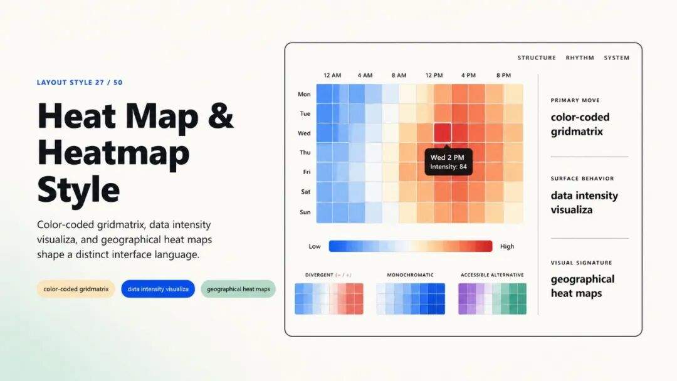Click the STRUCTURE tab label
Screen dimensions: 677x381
click(537, 58)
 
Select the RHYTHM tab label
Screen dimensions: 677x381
click(580, 58)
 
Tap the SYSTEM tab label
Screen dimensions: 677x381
click(617, 58)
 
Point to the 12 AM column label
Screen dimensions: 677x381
click(332, 75)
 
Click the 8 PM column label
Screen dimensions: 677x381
click(503, 75)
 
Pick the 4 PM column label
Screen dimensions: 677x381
click(468, 75)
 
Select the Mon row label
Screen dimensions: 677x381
click(304, 94)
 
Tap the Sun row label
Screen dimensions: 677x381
click(305, 212)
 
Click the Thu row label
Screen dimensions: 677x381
click(305, 152)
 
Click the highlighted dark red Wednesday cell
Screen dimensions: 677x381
click(442, 132)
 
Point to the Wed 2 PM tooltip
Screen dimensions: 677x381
click(449, 162)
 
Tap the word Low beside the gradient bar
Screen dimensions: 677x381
click(314, 246)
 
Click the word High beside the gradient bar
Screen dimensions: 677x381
click(507, 246)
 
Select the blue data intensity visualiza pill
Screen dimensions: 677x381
click(158, 289)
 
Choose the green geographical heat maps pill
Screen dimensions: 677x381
click(238, 289)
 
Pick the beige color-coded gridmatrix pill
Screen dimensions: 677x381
click(76, 289)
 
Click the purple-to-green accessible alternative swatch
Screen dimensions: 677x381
click(492, 298)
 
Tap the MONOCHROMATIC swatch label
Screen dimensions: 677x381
click(410, 275)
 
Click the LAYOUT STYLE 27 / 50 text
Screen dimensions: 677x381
click(80, 83)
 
